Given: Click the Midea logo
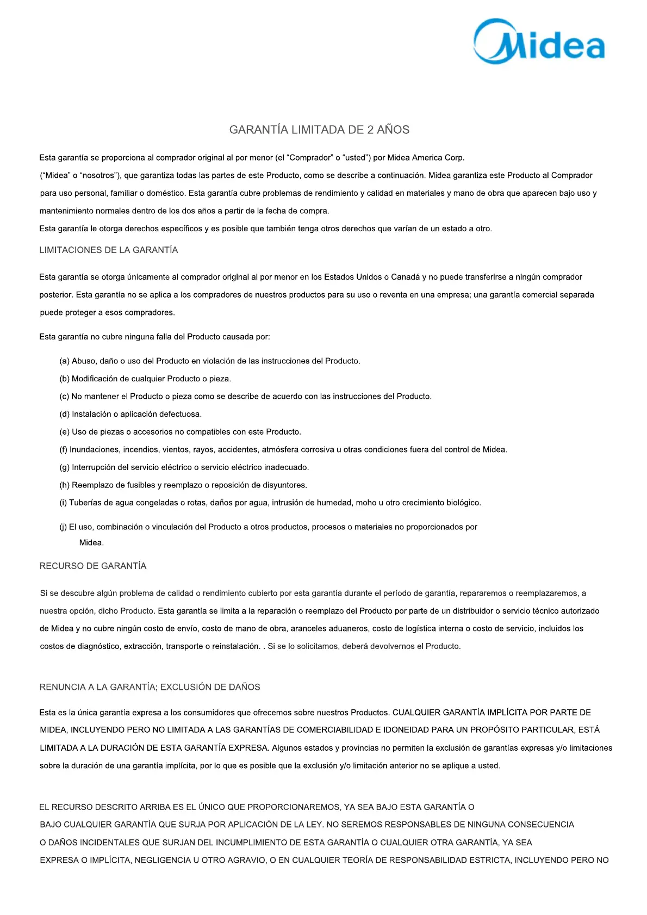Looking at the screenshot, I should (x=539, y=42).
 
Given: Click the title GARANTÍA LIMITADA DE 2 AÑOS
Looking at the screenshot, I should (x=319, y=130).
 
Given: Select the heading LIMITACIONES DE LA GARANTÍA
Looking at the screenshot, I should (x=109, y=250).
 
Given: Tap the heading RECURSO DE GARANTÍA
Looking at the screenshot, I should (x=93, y=566).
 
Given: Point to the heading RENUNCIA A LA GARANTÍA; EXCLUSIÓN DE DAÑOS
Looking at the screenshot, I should (x=150, y=688).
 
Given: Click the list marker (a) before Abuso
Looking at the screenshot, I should (x=64, y=361).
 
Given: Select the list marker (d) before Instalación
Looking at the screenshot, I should (x=64, y=415).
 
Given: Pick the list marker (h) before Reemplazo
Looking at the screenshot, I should (x=64, y=485).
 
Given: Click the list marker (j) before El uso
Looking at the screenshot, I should (x=63, y=527).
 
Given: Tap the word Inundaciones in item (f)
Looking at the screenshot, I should (x=94, y=450).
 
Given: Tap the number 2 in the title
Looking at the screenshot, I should (x=370, y=130).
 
